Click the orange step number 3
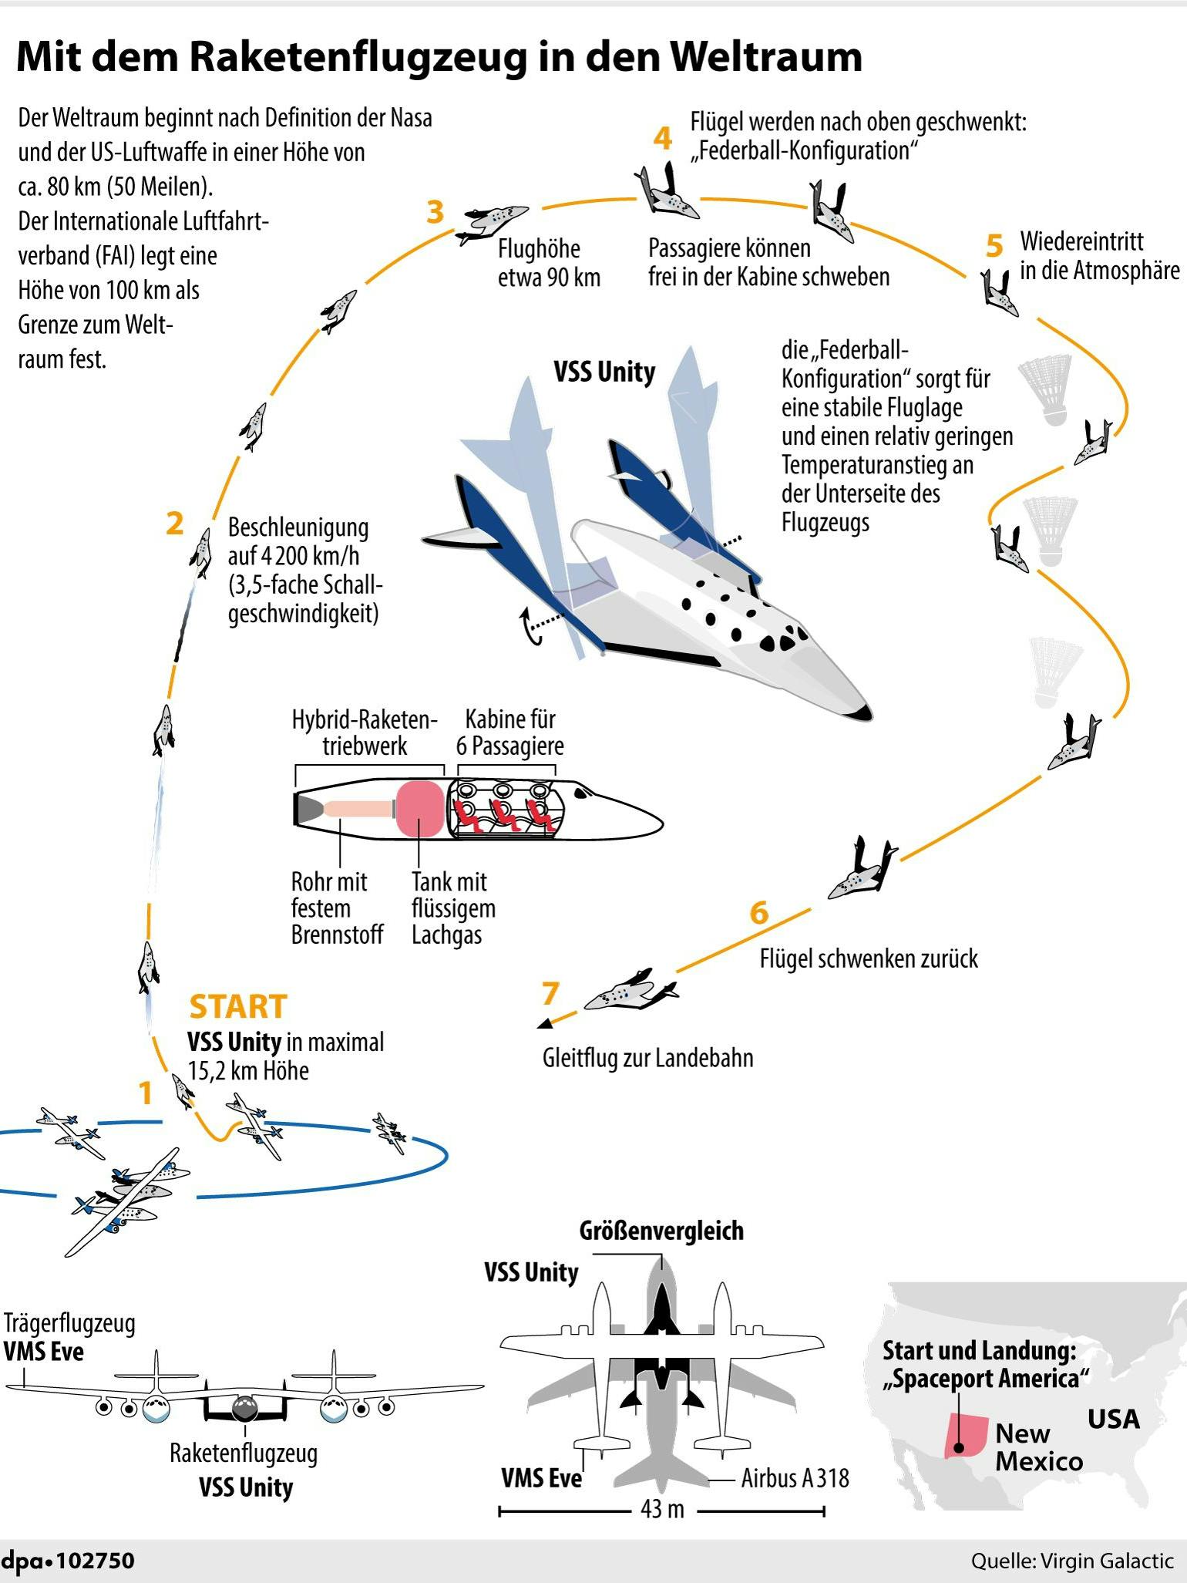435,211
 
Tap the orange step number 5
994,246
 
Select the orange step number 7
550,993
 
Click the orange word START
238,1007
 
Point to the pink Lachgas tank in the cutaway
420,809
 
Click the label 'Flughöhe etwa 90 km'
548,263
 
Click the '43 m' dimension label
662,1509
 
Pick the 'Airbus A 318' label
795,1478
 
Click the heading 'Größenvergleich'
661,1231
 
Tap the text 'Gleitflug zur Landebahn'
647,1058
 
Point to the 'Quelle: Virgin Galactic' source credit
1071,1561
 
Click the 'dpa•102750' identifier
68,1561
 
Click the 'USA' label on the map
1113,1419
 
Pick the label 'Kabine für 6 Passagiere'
509,732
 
